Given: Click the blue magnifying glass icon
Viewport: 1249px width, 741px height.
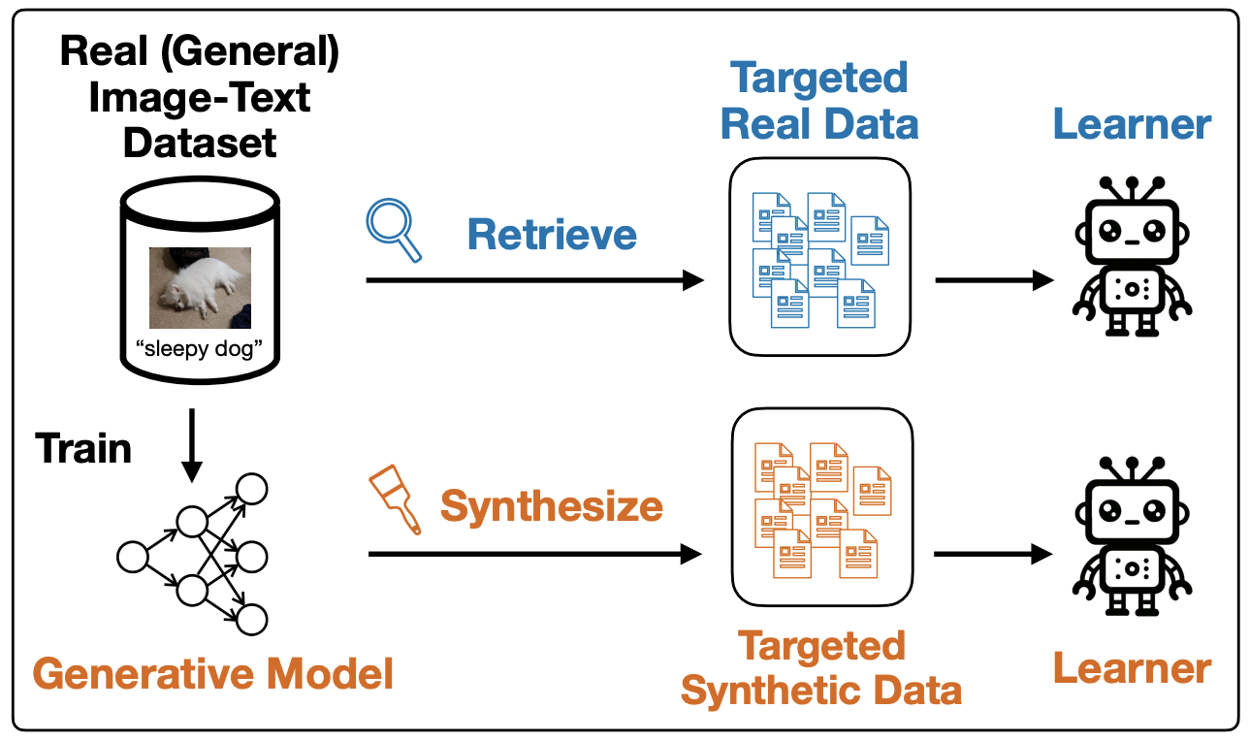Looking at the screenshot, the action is (x=393, y=229).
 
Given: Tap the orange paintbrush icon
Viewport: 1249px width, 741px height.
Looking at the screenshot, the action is (x=396, y=499).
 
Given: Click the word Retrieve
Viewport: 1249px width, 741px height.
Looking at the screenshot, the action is (x=552, y=234).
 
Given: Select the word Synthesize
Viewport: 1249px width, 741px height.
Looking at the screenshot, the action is (x=552, y=506).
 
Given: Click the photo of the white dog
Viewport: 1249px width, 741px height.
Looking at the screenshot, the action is (x=200, y=288).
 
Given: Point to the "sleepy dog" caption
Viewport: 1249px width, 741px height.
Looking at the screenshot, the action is (x=199, y=349).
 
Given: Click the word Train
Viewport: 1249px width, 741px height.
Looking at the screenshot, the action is (x=83, y=448).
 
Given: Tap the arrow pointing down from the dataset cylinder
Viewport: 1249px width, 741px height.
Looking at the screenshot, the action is (x=192, y=445).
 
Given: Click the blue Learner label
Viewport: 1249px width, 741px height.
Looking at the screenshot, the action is (x=1132, y=124).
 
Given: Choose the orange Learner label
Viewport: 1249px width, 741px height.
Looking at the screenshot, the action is (x=1132, y=668).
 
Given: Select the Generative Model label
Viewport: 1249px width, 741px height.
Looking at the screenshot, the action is (x=213, y=673).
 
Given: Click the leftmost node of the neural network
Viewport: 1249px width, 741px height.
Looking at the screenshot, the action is (x=133, y=557).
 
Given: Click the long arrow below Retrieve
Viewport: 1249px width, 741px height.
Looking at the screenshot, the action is (x=534, y=280).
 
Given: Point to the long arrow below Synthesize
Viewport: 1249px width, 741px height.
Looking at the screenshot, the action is (x=534, y=554).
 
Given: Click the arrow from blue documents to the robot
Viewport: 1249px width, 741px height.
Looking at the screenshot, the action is (x=994, y=280).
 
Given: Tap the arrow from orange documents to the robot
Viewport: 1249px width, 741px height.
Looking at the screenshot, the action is (x=993, y=554).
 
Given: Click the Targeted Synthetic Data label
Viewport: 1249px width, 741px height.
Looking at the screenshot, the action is (x=821, y=668).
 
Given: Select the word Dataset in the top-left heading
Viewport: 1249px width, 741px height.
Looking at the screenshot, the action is (x=200, y=144).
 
